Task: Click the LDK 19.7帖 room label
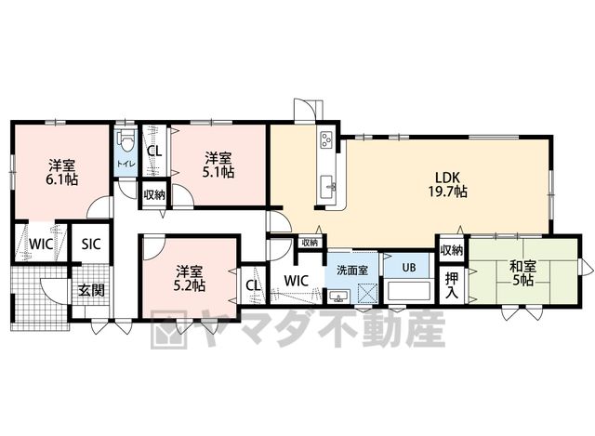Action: tap(448, 184)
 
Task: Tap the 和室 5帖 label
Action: tap(523, 273)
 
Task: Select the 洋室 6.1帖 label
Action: tap(62, 172)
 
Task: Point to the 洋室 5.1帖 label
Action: tap(218, 165)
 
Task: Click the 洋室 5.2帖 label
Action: tap(189, 278)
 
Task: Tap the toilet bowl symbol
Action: tap(126, 141)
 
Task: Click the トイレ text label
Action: tap(126, 165)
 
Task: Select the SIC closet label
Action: tap(91, 244)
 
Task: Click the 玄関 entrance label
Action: tap(91, 290)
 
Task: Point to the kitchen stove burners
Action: tap(326, 139)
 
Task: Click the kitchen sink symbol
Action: tap(328, 187)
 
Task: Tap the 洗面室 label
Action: tap(352, 271)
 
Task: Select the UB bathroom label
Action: tap(409, 267)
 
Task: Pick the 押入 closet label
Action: tap(452, 284)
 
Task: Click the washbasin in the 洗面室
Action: tap(339, 296)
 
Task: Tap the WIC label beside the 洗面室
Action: tap(297, 281)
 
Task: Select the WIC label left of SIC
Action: tap(41, 244)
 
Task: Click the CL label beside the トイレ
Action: tap(154, 151)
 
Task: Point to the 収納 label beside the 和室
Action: tap(452, 250)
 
